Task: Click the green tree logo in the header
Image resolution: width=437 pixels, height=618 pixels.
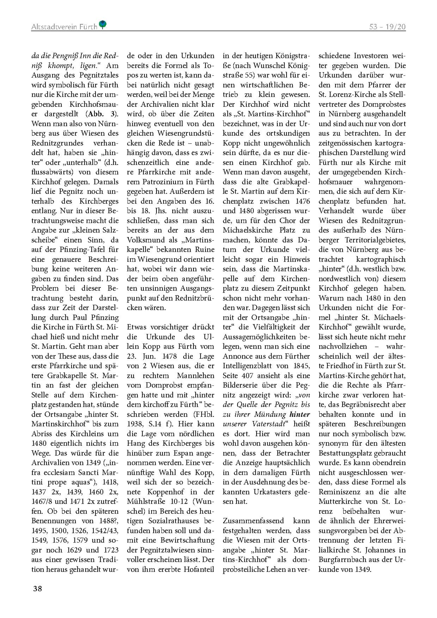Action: pos(102,24)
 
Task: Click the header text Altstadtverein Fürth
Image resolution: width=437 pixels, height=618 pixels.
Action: pos(64,27)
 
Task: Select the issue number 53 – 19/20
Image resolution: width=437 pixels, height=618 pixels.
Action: pos(387,27)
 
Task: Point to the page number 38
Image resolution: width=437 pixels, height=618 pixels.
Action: pos(38,588)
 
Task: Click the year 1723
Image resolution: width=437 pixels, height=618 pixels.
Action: pos(109,550)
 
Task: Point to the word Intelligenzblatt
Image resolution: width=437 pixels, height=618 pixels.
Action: pos(246,366)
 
